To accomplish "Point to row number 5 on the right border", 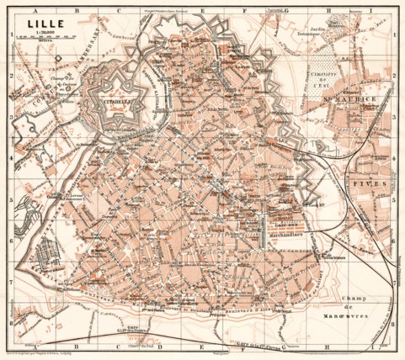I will click(x=397, y=203).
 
